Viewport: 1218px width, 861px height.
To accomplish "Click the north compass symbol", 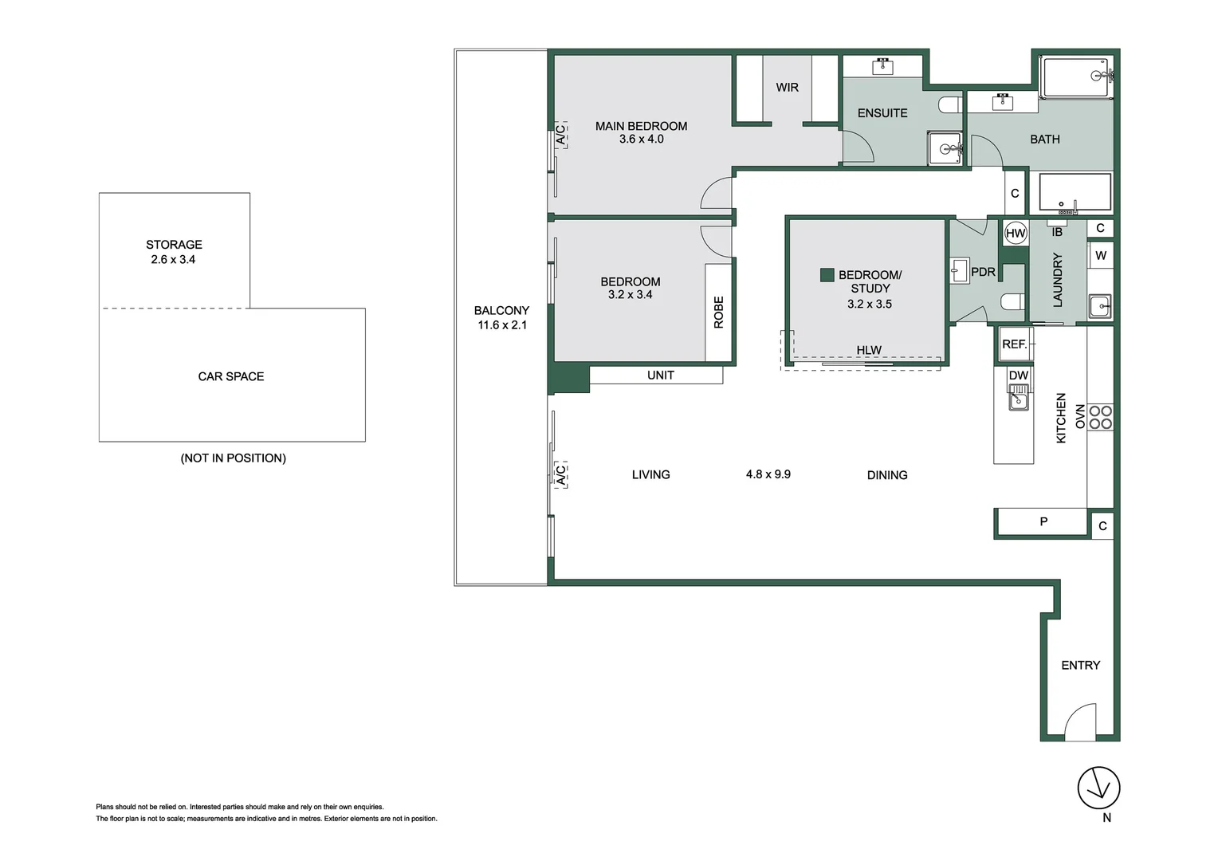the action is (1099, 788).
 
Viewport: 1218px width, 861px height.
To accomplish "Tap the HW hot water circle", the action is (1016, 234).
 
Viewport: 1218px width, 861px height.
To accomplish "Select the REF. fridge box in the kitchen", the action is (1015, 344).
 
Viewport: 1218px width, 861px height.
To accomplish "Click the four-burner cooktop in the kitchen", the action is (1100, 417).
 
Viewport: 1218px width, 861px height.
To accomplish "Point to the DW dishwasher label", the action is (1019, 375).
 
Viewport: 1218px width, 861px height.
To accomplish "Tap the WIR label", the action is (787, 87).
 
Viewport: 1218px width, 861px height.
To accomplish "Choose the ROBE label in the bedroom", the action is (718, 313).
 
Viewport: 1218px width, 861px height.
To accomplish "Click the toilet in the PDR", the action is (1013, 301).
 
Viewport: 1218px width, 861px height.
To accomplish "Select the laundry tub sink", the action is (1100, 306).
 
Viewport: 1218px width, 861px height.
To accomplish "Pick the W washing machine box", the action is (1101, 255).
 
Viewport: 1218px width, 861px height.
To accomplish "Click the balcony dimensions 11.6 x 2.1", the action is (502, 325).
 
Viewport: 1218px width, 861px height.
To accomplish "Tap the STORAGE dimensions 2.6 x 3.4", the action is (173, 259).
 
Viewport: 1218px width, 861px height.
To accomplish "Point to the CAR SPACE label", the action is (231, 376).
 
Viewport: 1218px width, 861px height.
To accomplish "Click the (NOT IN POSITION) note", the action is (234, 458).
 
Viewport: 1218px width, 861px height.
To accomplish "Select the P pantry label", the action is (1043, 521).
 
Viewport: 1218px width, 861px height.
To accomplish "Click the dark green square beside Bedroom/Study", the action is (827, 275).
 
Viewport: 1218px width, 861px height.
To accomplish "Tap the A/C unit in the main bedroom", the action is (560, 135).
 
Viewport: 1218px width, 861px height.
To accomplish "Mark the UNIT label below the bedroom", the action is (661, 375).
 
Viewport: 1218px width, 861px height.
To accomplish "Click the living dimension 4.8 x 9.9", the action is (768, 474).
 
